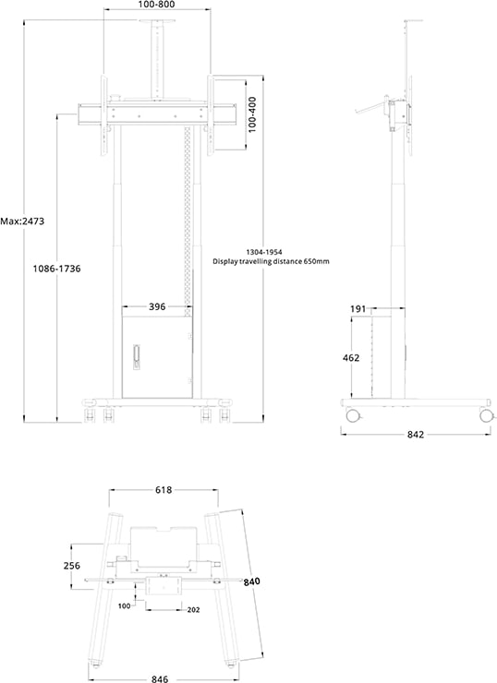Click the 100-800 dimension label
coord(156,6)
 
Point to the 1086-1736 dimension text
coord(56,269)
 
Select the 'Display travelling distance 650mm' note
coord(271,262)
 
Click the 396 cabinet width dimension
coord(156,306)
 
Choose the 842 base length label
coord(415,435)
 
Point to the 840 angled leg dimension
coord(252,582)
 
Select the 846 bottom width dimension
coord(160,677)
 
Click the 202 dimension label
coord(192,609)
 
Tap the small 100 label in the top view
coord(125,606)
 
